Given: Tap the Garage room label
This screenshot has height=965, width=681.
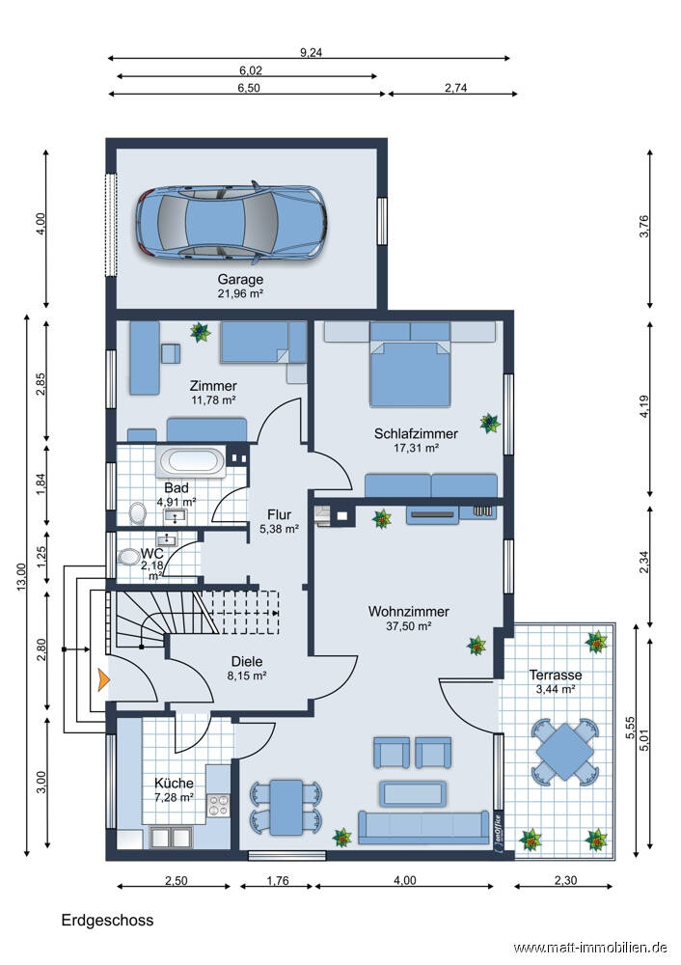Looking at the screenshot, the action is (x=240, y=280).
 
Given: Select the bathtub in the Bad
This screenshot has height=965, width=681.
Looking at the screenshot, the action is (x=192, y=461).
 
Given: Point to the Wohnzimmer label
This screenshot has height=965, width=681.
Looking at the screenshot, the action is (x=408, y=611).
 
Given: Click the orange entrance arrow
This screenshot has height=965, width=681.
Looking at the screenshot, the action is (x=103, y=680).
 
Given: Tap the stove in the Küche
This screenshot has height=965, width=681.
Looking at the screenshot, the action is (x=218, y=805).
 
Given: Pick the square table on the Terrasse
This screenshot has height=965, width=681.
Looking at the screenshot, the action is (x=564, y=752).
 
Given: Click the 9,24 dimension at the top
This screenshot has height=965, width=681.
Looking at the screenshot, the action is (x=311, y=53).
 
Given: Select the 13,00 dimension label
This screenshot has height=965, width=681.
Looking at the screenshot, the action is (x=21, y=577).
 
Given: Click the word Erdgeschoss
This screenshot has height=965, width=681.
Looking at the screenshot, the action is (x=108, y=920).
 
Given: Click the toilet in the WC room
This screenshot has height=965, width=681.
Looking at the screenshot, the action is (x=128, y=557).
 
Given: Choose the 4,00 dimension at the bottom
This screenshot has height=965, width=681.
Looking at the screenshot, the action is (x=404, y=881).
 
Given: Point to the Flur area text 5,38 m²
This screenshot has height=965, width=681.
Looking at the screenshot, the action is (x=280, y=529).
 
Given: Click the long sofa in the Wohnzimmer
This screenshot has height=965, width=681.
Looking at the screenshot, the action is (x=423, y=827).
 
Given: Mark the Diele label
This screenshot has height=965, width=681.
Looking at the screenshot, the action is (x=247, y=662).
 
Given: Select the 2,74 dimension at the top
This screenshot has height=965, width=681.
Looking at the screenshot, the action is (x=456, y=88).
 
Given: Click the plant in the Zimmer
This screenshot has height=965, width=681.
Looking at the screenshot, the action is (x=200, y=332).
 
